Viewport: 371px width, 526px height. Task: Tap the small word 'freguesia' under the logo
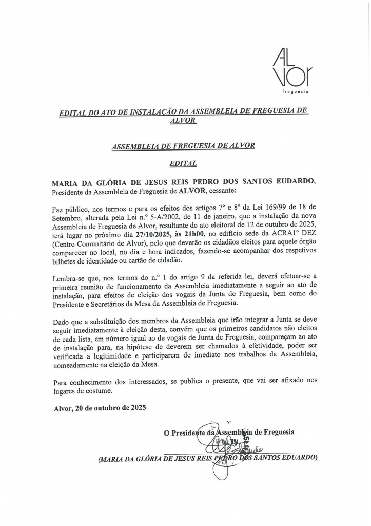click(295, 92)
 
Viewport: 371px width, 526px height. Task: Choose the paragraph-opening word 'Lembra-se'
click(69, 277)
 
